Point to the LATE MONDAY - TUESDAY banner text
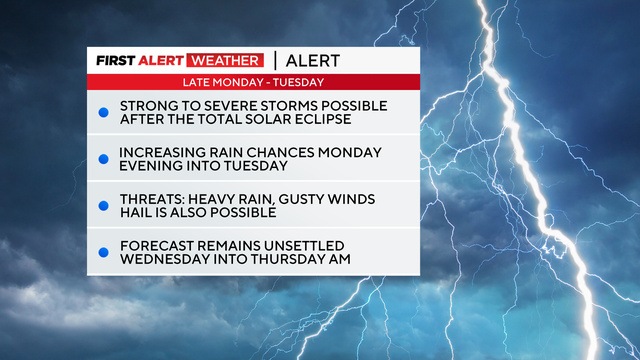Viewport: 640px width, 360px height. [x=239, y=81]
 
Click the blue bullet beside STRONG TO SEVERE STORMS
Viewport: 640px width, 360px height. [x=102, y=112]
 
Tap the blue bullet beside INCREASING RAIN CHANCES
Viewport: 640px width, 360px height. [x=102, y=158]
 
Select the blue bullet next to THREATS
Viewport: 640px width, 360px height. [x=102, y=205]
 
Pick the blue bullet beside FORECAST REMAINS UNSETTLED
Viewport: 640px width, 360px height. [x=102, y=251]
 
